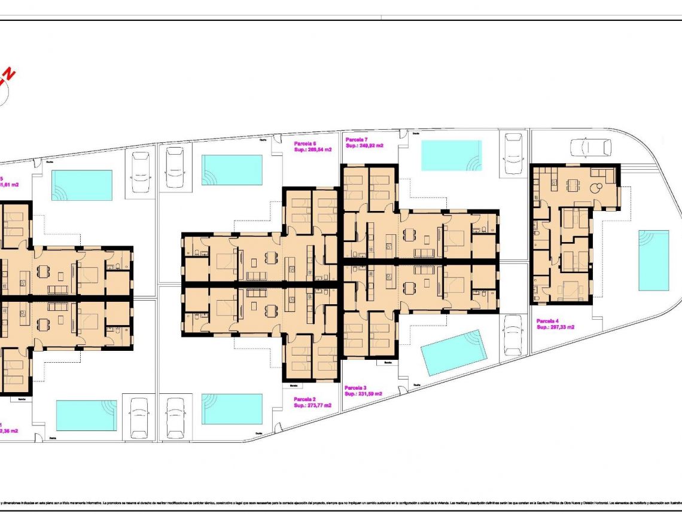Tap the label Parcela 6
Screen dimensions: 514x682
[x=305, y=144]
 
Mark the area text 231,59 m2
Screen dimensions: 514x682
[x=369, y=394]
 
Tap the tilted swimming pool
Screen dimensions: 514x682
[x=454, y=352]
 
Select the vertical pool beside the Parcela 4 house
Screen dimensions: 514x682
[x=653, y=260]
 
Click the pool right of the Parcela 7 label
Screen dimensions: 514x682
[x=451, y=155]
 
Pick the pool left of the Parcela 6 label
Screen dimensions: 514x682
[x=232, y=170]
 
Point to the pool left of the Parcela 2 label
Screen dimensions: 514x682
[x=232, y=409]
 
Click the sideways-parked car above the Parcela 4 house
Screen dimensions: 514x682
[x=590, y=147]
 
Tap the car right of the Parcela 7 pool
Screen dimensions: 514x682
[x=513, y=153]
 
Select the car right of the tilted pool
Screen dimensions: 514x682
[x=512, y=335]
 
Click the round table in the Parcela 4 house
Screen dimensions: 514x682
[x=596, y=187]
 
